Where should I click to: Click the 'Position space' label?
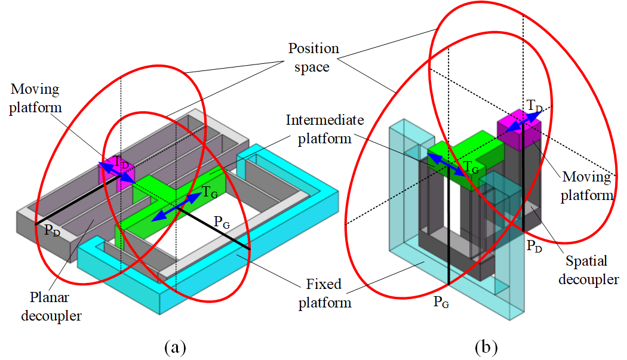click(313, 57)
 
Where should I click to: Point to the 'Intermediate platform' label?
click(324, 129)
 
